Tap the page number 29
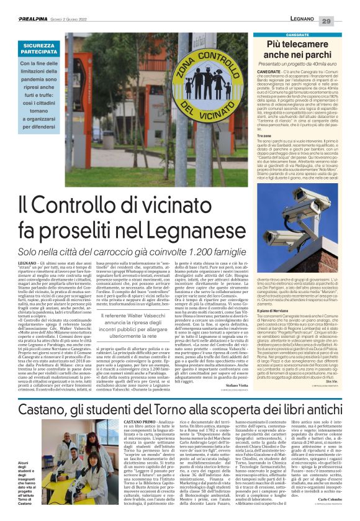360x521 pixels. pos(343,21)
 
